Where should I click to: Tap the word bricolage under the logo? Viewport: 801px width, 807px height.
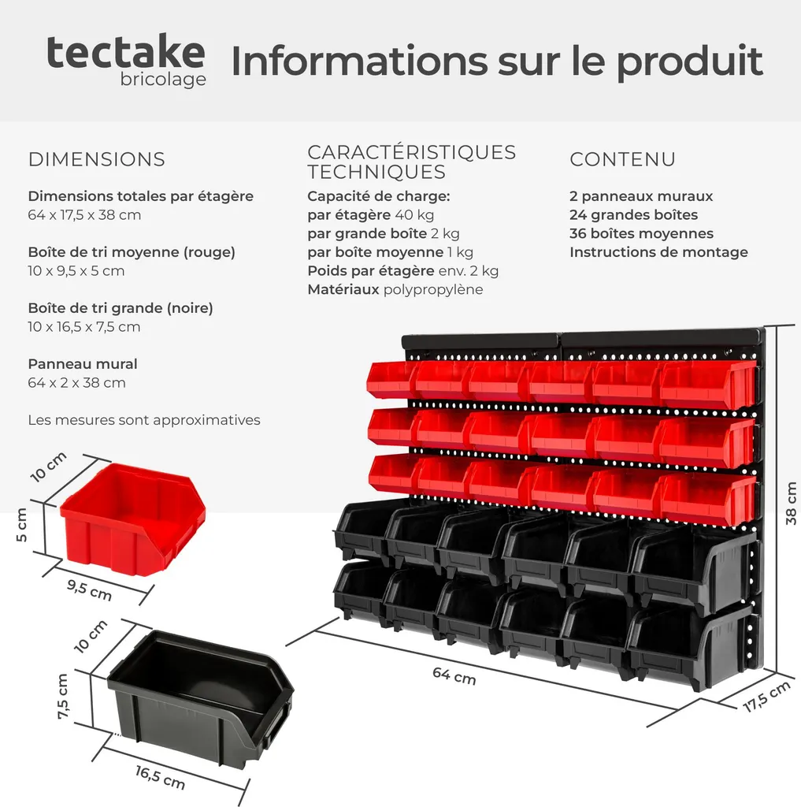point(163,80)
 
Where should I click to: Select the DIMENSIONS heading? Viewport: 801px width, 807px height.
point(97,159)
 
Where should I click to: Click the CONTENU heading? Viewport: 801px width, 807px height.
point(622,159)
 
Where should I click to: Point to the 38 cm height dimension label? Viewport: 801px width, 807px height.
point(791,504)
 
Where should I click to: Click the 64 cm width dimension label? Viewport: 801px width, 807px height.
point(454,675)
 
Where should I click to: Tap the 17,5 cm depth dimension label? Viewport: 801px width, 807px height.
point(766,697)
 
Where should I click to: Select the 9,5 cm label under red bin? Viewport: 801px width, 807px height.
point(89,589)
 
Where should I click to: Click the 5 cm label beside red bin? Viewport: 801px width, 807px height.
point(21,524)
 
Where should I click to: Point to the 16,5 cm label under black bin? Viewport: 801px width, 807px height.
point(160,778)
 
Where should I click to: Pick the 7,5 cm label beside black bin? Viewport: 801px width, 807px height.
point(62,697)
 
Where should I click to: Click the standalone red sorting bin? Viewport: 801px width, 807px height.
point(133,517)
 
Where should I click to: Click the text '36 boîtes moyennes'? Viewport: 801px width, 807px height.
point(641,233)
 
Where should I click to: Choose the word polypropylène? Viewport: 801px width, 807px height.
point(433,290)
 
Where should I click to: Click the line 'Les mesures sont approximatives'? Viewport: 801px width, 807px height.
point(144,420)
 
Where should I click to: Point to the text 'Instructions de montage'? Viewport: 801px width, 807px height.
point(658,252)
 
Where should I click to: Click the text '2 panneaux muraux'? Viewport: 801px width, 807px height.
point(641,196)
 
